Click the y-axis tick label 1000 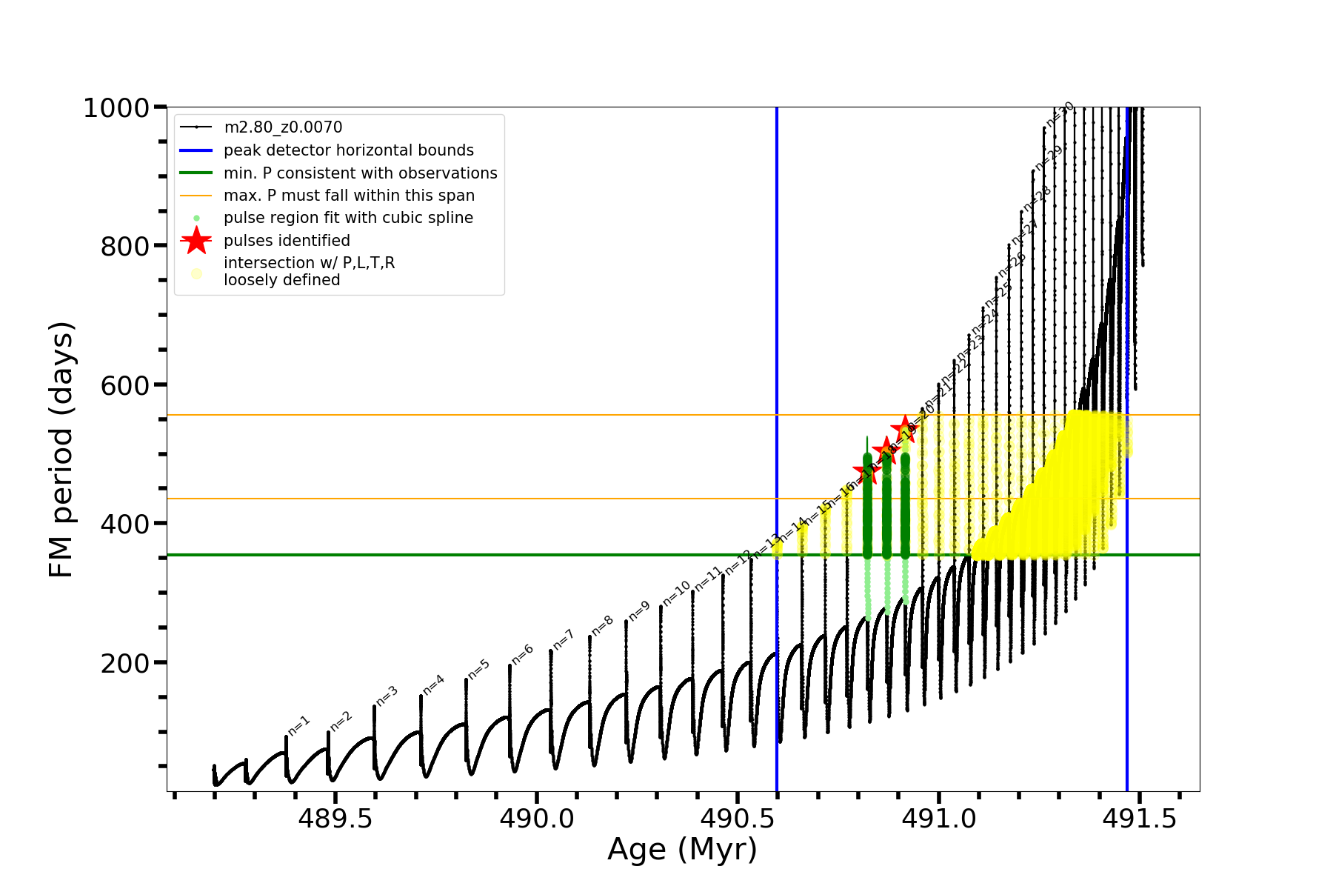point(116,108)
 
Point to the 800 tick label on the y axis point(124,246)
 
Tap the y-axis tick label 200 point(124,663)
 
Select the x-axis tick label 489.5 point(335,819)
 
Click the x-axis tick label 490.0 point(536,819)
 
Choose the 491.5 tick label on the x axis point(1140,819)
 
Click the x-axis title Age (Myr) point(682,850)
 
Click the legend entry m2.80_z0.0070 point(283,127)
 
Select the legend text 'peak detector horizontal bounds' point(348,150)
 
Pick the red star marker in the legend point(196,240)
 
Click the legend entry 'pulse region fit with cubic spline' point(348,218)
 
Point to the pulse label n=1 point(298,725)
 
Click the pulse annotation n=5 point(478,670)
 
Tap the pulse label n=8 point(602,626)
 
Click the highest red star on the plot point(905,428)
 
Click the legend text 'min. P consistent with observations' point(360,173)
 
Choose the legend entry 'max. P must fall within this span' point(349,196)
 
